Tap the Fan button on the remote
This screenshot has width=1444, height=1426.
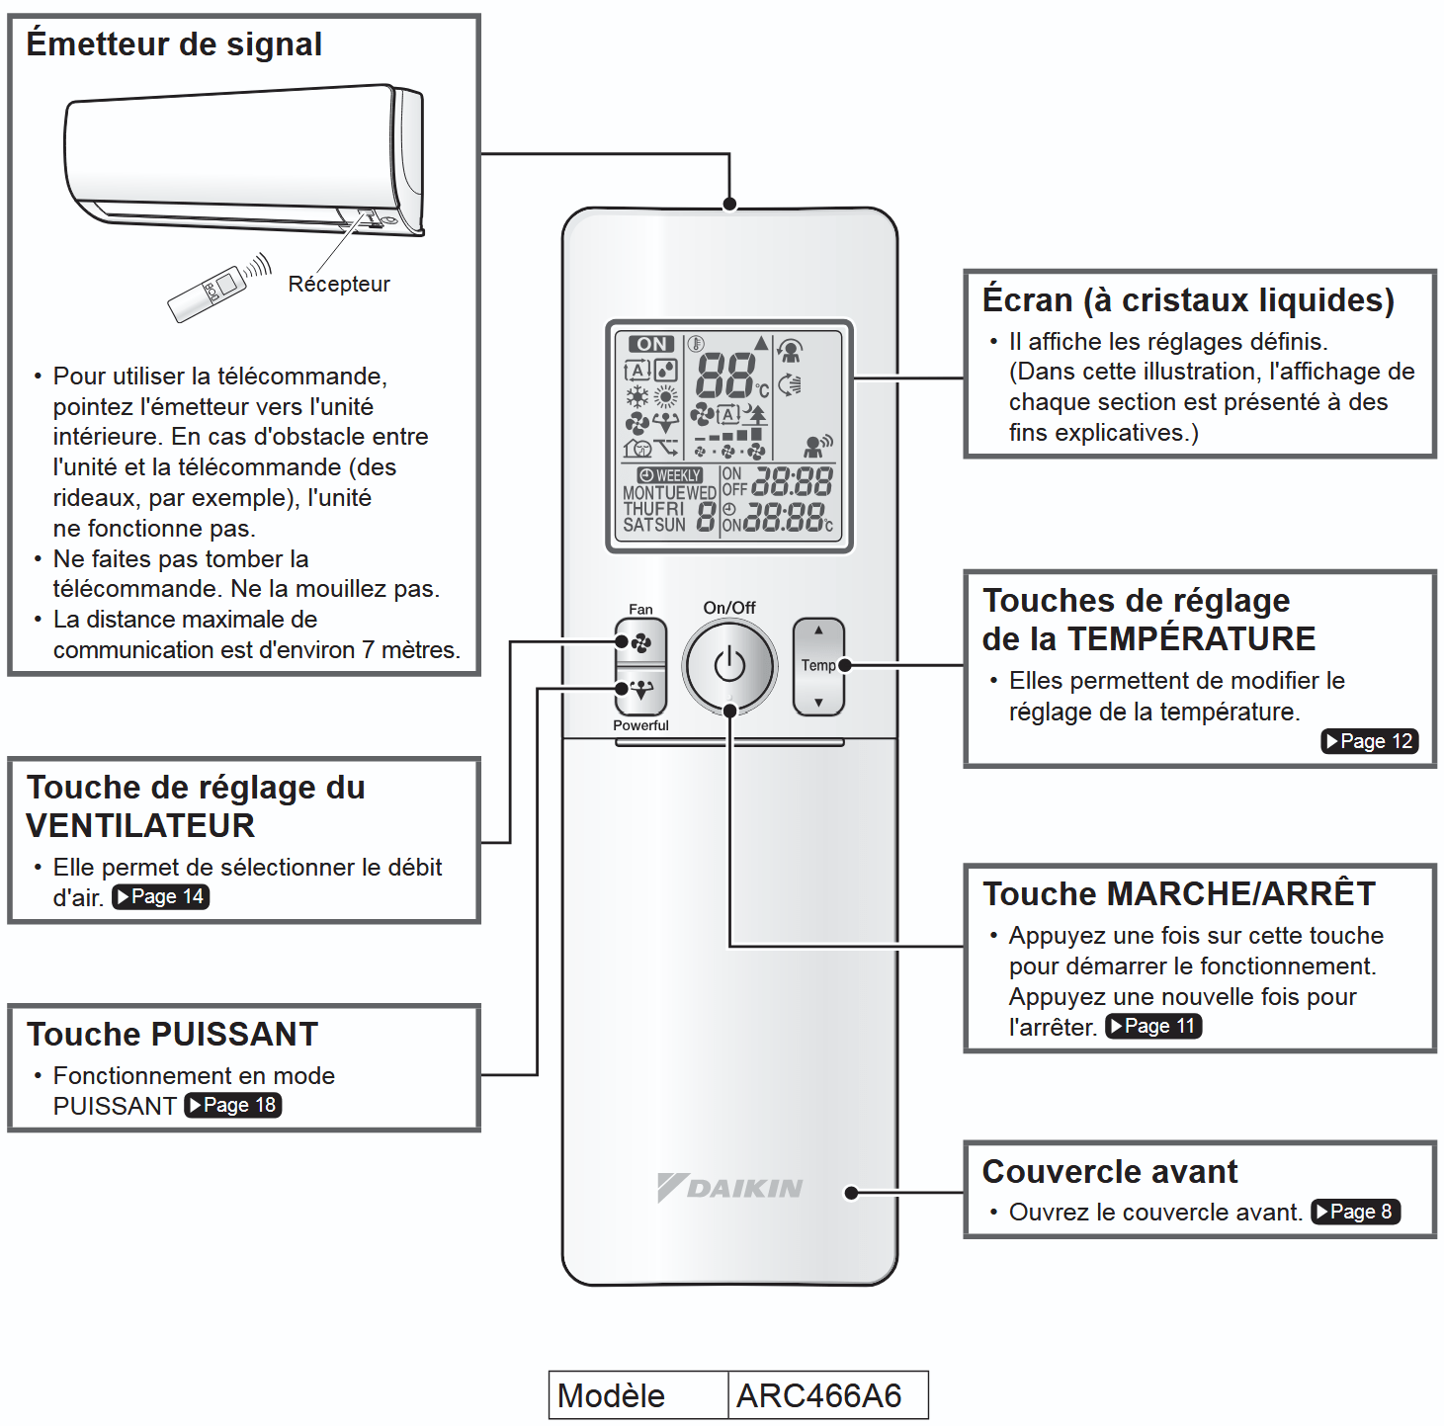[640, 642]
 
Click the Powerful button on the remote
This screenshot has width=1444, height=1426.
[640, 690]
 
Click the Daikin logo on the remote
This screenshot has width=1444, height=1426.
[730, 1187]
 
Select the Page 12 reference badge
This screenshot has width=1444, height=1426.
[1369, 741]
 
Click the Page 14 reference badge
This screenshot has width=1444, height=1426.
[160, 896]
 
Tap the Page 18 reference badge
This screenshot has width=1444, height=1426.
[233, 1105]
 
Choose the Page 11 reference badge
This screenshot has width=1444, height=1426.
[1153, 1026]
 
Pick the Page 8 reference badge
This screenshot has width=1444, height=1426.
[1355, 1212]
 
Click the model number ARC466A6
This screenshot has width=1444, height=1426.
[819, 1395]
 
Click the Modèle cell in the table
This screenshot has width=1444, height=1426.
[612, 1395]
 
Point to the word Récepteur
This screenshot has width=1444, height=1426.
[339, 285]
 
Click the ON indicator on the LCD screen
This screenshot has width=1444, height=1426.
[651, 344]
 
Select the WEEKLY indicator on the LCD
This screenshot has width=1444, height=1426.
[670, 475]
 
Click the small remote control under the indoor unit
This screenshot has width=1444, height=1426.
[208, 294]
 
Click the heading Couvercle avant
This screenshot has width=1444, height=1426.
[1109, 1171]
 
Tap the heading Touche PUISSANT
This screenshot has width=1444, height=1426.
[172, 1034]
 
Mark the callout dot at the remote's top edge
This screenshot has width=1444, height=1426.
[729, 205]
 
